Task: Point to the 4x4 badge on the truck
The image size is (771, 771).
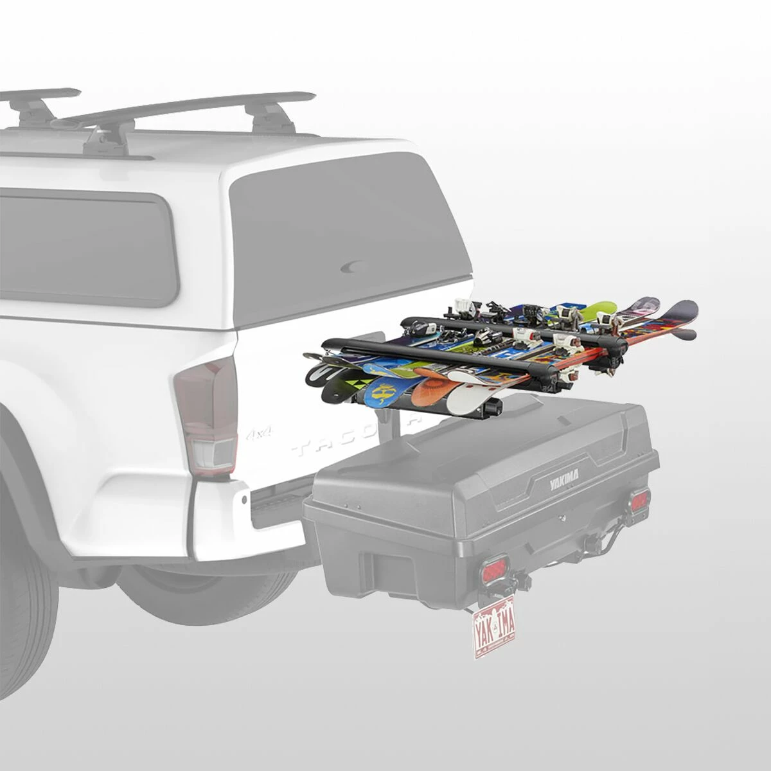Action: point(258,434)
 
